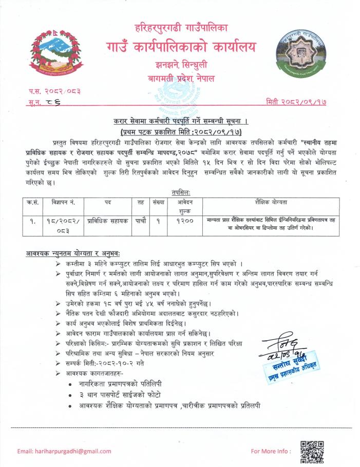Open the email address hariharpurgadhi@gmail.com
tap(64, 451)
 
